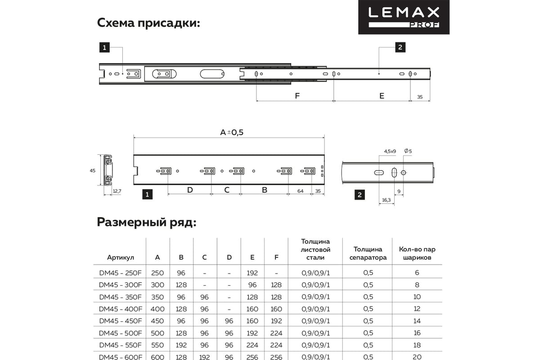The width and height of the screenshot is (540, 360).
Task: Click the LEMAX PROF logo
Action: [x=404, y=17]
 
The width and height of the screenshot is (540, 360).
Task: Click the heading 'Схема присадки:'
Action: [x=148, y=23]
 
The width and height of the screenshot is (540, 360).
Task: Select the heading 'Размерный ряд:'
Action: [x=146, y=222]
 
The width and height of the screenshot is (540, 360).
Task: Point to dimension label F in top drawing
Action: [x=297, y=95]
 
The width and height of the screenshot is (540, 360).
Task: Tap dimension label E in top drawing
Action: [x=382, y=95]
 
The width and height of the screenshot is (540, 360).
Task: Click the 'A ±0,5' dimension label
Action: [x=231, y=132]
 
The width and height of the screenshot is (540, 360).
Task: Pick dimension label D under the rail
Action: [x=190, y=190]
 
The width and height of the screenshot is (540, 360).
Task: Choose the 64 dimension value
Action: [x=300, y=191]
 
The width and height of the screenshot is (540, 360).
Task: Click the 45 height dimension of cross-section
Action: [x=93, y=171]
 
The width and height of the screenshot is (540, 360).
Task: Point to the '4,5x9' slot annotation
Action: [x=390, y=151]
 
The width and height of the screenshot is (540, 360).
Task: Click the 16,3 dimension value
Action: [x=386, y=199]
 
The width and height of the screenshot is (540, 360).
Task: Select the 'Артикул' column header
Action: [x=121, y=258]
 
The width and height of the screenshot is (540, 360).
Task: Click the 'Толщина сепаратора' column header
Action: [x=368, y=253]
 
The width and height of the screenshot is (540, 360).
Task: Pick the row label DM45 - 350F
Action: [x=120, y=297]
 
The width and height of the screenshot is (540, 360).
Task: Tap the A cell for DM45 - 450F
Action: [x=157, y=321]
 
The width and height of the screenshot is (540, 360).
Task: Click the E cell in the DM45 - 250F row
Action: [x=252, y=273]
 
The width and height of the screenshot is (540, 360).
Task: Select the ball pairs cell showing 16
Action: [x=417, y=333]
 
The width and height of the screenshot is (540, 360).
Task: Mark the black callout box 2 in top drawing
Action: [x=400, y=47]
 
